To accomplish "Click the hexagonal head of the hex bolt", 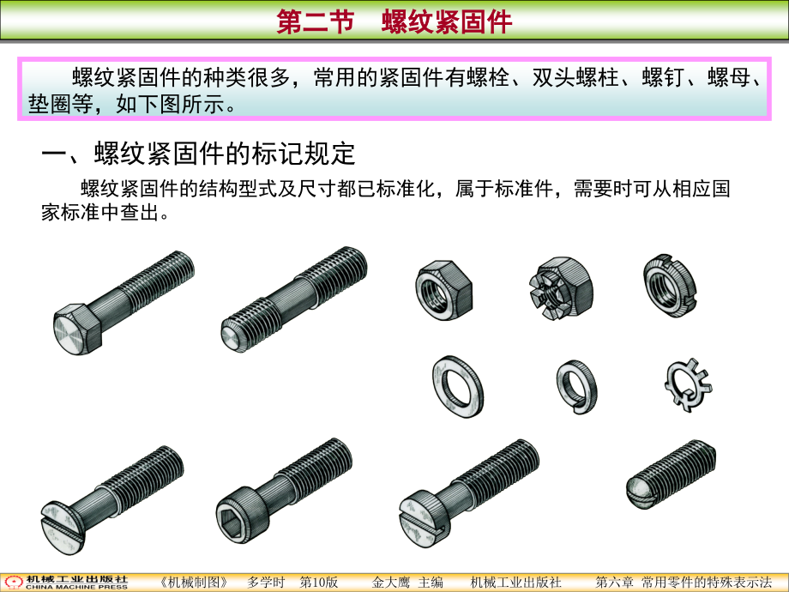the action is [77, 329].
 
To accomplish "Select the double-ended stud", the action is [294, 299].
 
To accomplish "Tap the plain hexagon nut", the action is [444, 291].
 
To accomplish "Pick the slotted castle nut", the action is [561, 288].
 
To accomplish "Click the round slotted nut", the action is [670, 286].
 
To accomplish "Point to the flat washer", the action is [458, 387].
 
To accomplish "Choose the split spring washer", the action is [576, 387].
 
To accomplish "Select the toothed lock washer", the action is [688, 385].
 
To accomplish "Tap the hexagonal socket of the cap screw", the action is [232, 519].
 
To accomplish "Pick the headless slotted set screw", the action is [671, 474].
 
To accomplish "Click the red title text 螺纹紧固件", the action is [447, 22].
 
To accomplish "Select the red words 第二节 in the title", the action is [316, 22].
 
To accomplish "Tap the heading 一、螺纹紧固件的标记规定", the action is [198, 153].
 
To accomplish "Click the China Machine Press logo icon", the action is [14, 583].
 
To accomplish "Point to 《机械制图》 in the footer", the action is [194, 583].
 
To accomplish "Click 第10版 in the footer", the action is [318, 583].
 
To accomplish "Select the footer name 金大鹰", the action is [391, 583].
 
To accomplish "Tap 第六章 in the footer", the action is [614, 583].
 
